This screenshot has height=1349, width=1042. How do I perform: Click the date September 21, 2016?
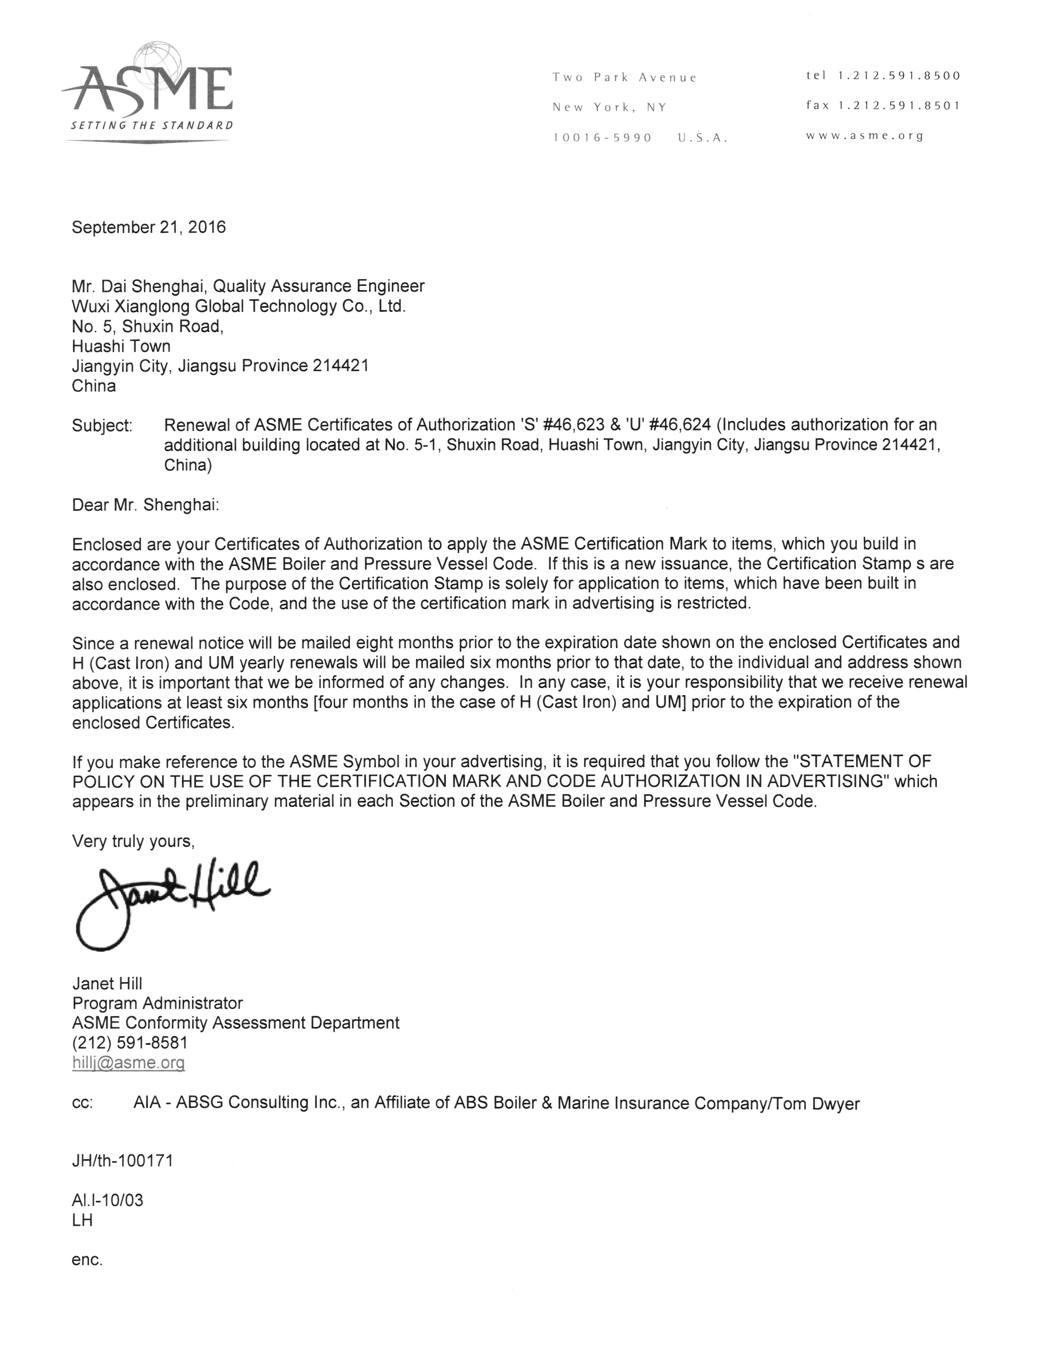(149, 227)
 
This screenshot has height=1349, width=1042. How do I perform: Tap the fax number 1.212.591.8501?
(883, 105)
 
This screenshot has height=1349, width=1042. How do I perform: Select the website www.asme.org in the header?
(865, 136)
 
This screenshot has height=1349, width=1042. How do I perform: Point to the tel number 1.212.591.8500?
(883, 76)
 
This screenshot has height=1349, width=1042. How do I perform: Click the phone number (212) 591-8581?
(130, 1043)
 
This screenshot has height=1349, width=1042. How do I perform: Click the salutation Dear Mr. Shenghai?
(146, 505)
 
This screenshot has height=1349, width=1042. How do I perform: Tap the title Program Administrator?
(158, 1003)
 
